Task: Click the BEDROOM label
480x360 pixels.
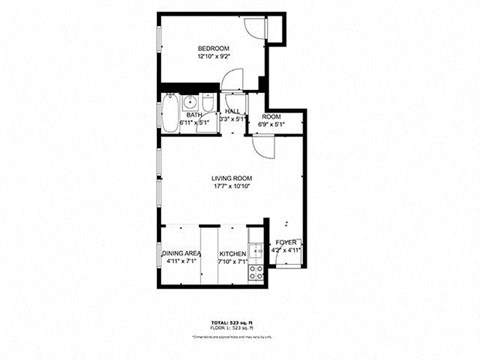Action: click(x=213, y=49)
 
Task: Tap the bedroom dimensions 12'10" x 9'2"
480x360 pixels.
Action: click(x=213, y=58)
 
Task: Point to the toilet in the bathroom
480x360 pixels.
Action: click(x=204, y=104)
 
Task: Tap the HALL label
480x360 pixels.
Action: click(x=232, y=111)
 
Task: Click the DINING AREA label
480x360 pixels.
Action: click(x=180, y=254)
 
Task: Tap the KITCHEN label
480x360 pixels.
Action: click(x=233, y=254)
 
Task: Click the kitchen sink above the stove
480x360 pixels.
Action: click(x=255, y=249)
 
